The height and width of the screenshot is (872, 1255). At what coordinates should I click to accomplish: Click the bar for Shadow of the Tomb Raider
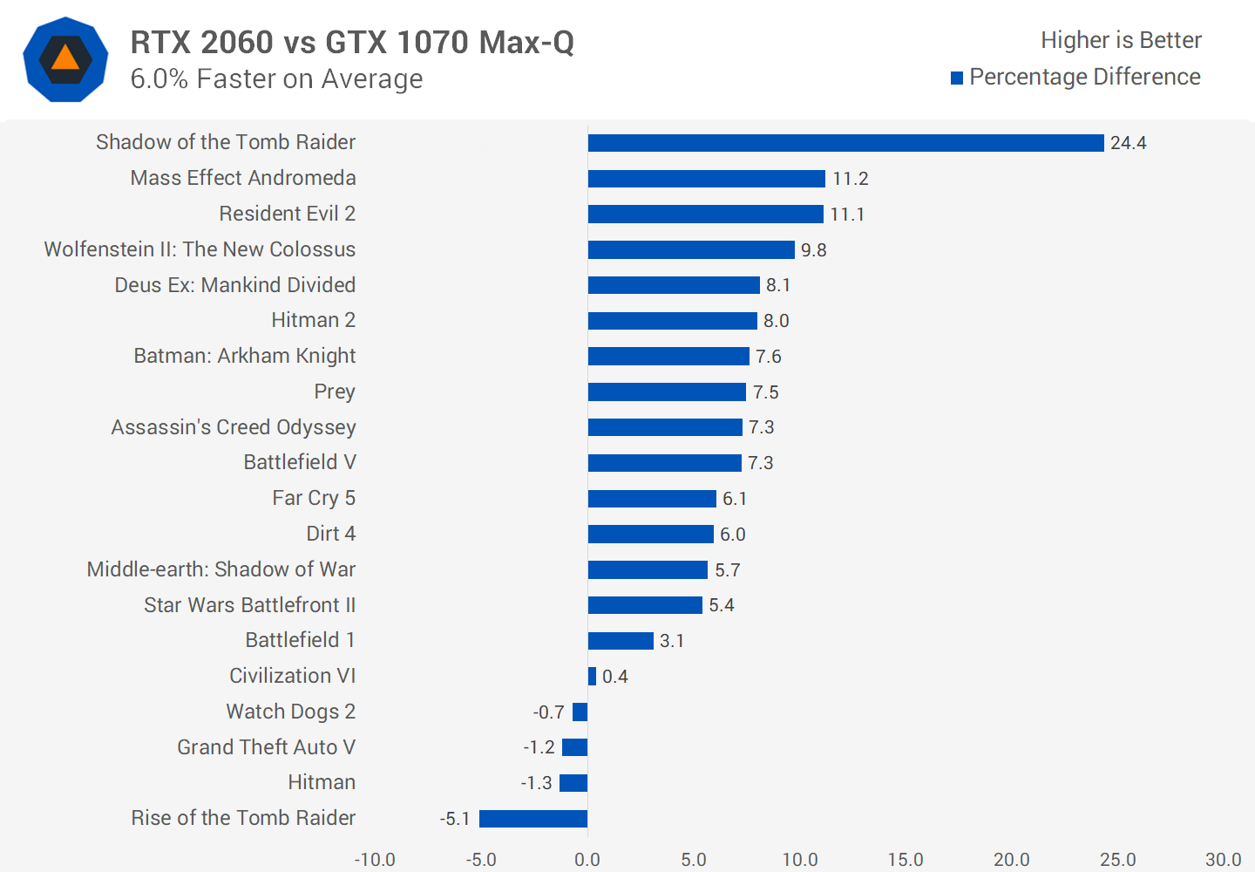(x=845, y=143)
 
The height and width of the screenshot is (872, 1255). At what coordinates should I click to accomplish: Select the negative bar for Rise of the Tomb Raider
(x=533, y=819)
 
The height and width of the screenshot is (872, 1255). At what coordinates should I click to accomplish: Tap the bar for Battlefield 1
(x=621, y=641)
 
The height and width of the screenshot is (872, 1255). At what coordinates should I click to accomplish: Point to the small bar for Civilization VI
(x=592, y=677)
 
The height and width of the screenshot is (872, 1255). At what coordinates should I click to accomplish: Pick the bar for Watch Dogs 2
(x=580, y=712)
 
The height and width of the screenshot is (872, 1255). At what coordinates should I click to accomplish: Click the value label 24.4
(x=1128, y=143)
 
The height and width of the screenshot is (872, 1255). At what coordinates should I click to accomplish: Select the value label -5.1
(x=455, y=819)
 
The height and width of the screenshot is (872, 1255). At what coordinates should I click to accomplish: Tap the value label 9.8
(x=813, y=250)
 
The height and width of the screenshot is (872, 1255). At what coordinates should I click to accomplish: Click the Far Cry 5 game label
(x=314, y=498)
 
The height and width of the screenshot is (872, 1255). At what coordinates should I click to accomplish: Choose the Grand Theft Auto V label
(x=266, y=747)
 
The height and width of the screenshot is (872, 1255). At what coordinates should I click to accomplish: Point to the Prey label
(x=335, y=392)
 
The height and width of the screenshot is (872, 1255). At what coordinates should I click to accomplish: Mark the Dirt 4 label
(x=330, y=534)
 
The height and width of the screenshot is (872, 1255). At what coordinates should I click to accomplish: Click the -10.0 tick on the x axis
(x=375, y=860)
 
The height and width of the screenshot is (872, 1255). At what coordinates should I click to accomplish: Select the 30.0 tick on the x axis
(x=1223, y=860)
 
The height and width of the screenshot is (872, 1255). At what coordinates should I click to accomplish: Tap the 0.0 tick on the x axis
(x=587, y=860)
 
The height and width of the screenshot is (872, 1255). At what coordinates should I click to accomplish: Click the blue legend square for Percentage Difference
(x=957, y=78)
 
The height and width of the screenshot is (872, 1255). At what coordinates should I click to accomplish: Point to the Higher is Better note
(x=1121, y=40)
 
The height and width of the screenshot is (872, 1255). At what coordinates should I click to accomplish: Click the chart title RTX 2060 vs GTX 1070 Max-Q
(x=352, y=42)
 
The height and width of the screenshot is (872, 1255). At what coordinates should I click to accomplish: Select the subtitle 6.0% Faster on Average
(x=276, y=79)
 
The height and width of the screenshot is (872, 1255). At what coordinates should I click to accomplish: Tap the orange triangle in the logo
(x=65, y=58)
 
